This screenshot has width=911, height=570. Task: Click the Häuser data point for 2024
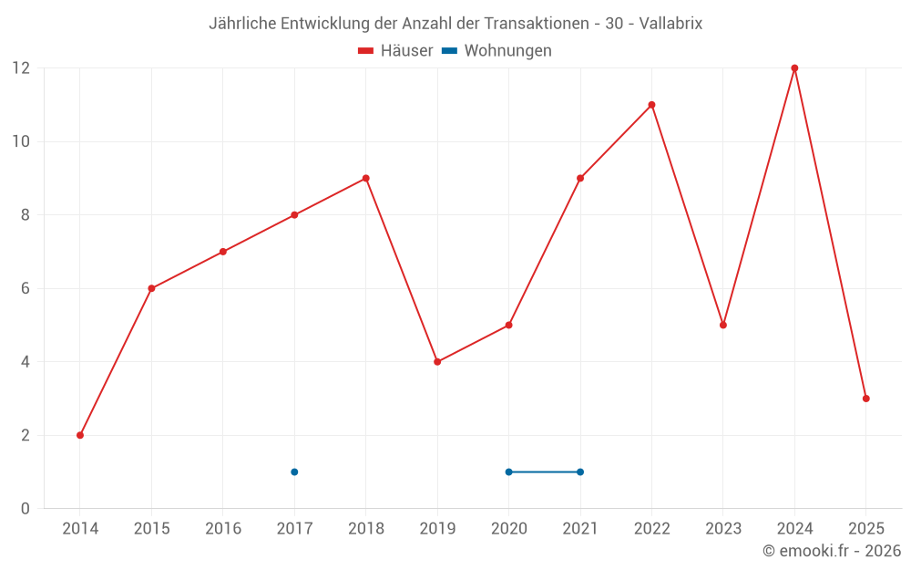click(x=794, y=68)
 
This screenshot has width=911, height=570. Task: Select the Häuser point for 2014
click(x=80, y=435)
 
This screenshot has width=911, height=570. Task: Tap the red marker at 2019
click(x=437, y=362)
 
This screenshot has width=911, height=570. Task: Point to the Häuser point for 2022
click(x=651, y=105)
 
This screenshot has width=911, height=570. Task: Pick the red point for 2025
click(x=866, y=399)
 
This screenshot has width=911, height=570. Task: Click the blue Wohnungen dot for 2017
click(x=294, y=472)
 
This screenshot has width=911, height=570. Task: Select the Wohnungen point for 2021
click(x=580, y=472)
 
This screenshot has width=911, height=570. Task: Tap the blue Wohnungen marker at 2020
click(x=508, y=472)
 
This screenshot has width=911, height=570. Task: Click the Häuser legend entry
click(x=395, y=51)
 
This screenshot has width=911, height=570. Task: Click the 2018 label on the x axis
click(x=366, y=529)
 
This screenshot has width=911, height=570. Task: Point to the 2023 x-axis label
click(x=723, y=529)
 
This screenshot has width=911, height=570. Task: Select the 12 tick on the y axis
click(x=20, y=68)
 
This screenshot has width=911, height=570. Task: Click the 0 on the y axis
click(x=26, y=508)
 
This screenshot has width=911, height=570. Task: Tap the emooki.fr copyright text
click(x=832, y=551)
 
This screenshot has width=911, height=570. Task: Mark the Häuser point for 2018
click(x=366, y=179)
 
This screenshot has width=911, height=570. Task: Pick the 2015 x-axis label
click(x=151, y=529)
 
